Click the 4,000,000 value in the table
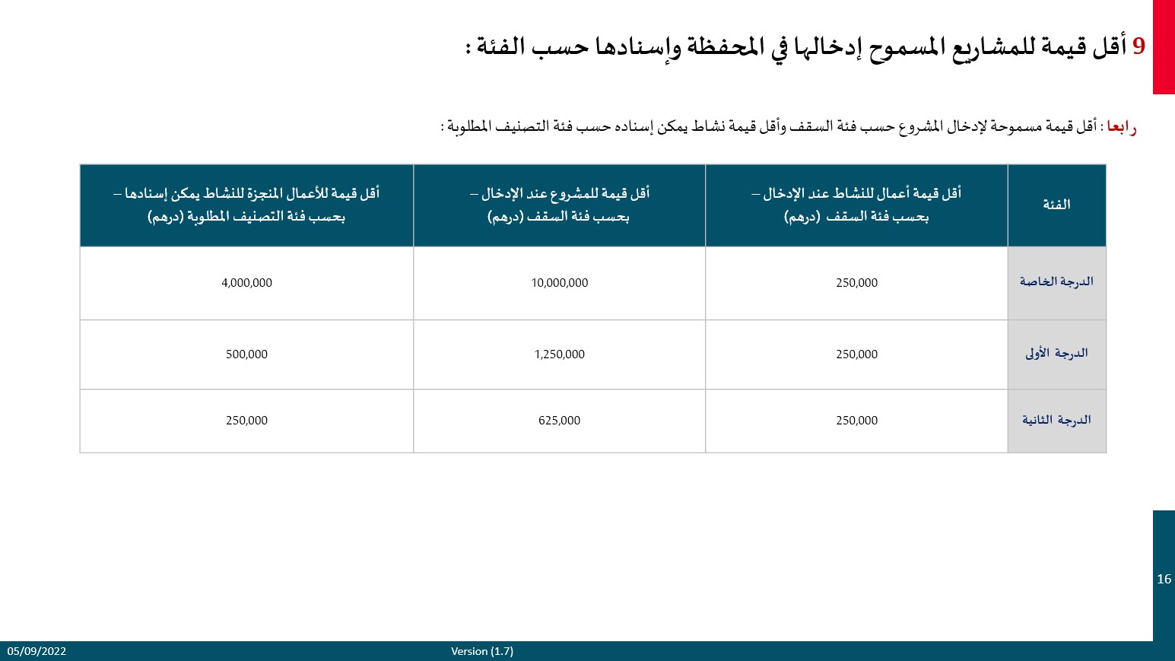point(246,283)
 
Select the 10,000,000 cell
point(559,283)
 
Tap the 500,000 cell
point(246,354)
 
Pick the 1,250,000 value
point(559,354)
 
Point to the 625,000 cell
point(559,421)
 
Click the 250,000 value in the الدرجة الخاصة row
point(856,283)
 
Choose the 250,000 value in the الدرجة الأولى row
point(856,354)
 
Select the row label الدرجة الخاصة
point(1056,282)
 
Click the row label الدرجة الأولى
point(1056,354)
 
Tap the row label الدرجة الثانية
point(1056,420)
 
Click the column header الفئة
point(1056,205)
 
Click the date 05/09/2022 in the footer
point(37,651)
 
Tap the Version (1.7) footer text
point(482,651)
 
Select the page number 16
point(1164,580)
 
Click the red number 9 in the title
point(1138,46)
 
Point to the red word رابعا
point(1121,126)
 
